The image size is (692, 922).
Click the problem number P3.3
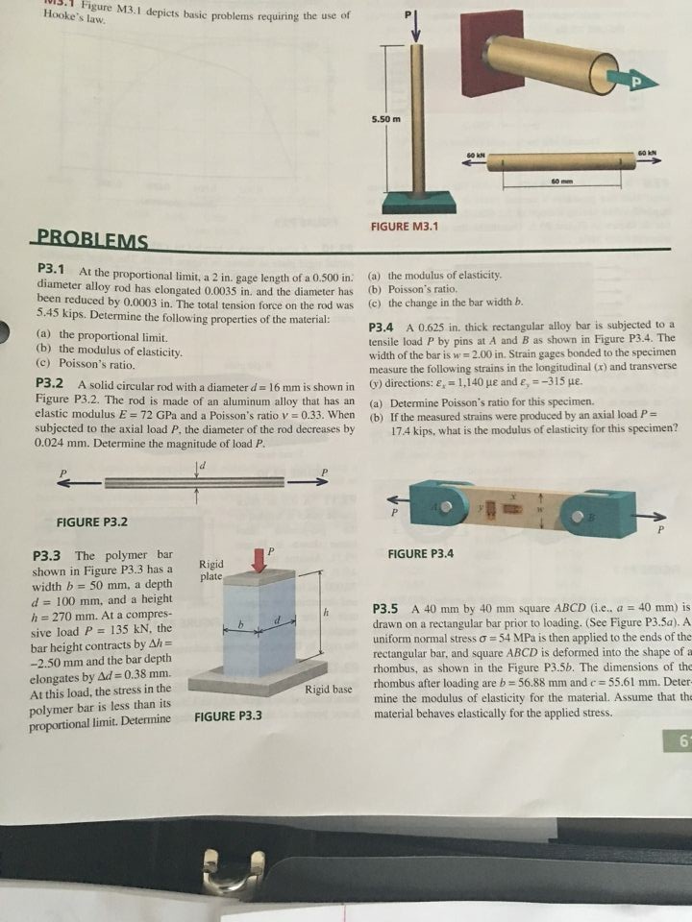coord(48,555)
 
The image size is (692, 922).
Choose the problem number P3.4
coord(386,326)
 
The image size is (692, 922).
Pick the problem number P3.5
coord(386,609)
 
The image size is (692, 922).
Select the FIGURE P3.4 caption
coord(421,554)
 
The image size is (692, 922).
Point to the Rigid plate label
coord(211,570)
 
